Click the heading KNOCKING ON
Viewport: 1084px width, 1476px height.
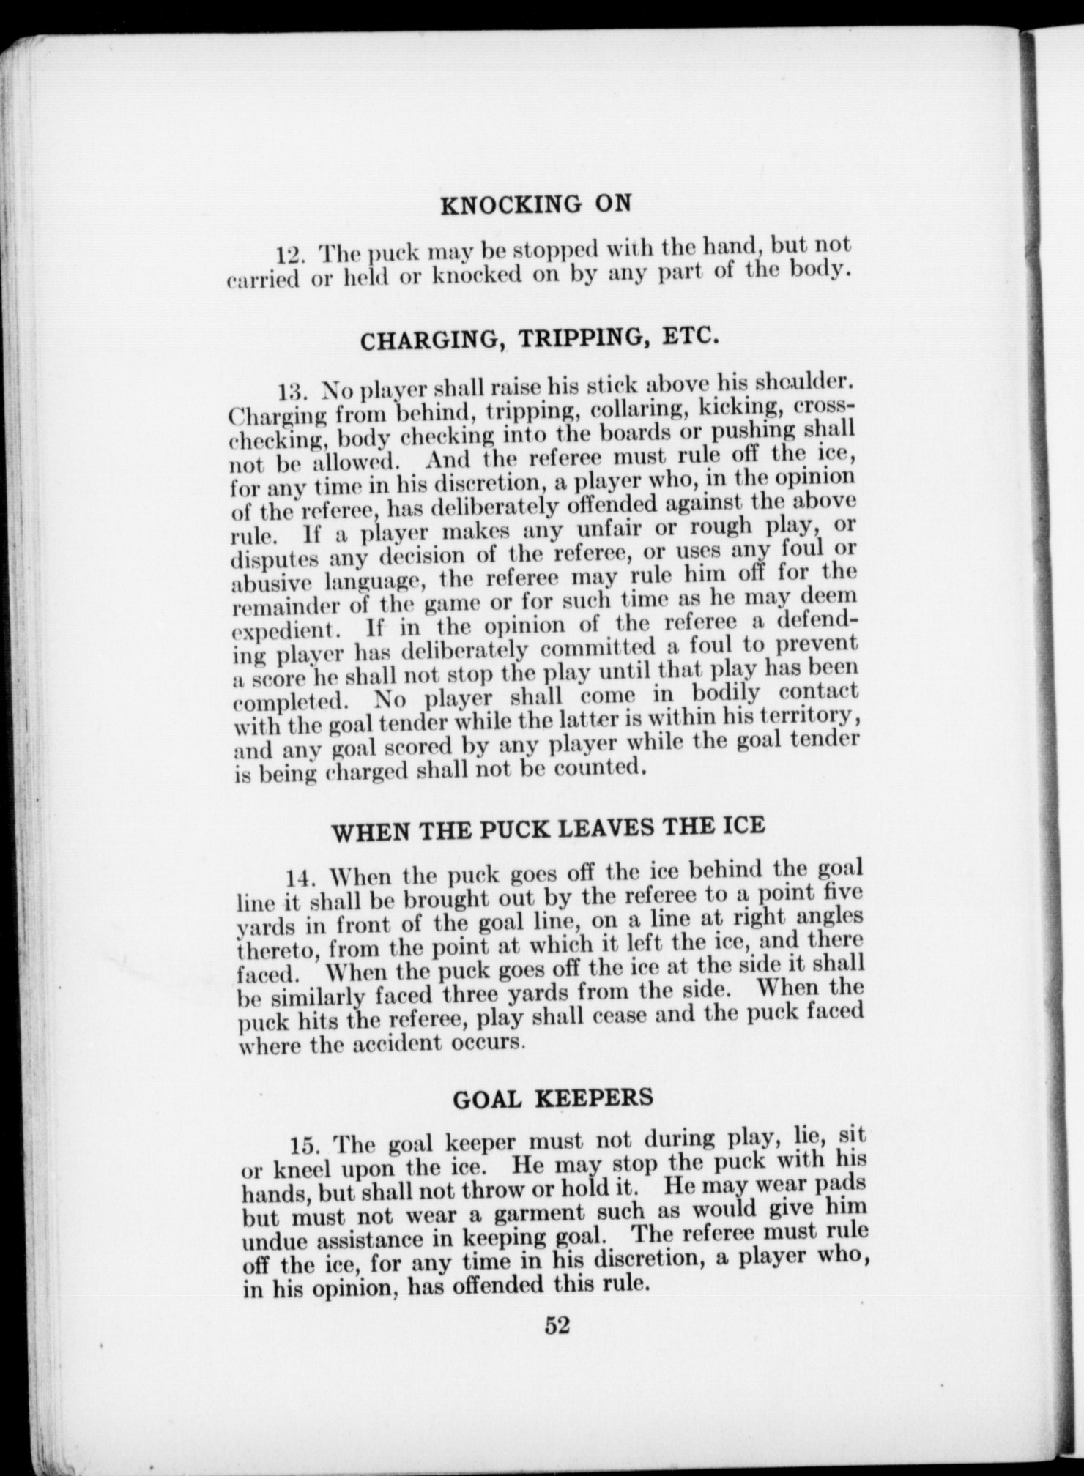coord(535,204)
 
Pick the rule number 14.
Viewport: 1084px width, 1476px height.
coord(301,879)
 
